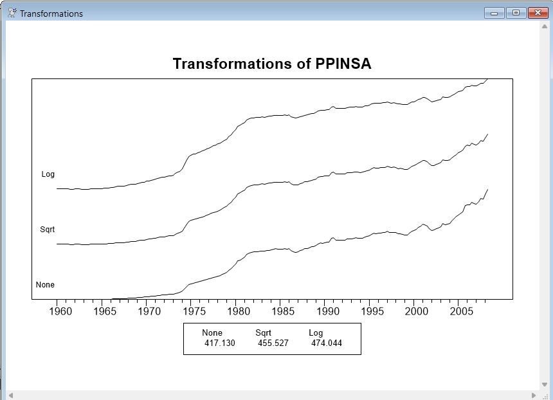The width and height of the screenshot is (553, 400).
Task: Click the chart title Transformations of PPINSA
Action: pyautogui.click(x=272, y=64)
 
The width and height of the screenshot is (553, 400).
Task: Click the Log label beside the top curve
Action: pyautogui.click(x=48, y=174)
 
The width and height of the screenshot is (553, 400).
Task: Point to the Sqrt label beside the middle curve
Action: pyautogui.click(x=48, y=230)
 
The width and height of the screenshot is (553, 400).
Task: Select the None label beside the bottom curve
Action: pyautogui.click(x=45, y=285)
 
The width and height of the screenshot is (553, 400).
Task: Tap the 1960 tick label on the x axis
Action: pyautogui.click(x=60, y=312)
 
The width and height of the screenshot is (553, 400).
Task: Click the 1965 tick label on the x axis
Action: pyautogui.click(x=105, y=312)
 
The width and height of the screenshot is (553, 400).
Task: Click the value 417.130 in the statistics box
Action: pyautogui.click(x=220, y=343)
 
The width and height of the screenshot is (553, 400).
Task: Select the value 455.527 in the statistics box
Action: pyautogui.click(x=273, y=343)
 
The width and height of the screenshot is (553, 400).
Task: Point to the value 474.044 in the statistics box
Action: pyautogui.click(x=327, y=343)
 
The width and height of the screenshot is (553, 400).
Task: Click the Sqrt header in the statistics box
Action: pyautogui.click(x=264, y=333)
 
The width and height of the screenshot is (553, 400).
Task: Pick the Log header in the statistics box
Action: pyautogui.click(x=316, y=333)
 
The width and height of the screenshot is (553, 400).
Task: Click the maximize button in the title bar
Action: pyautogui.click(x=516, y=13)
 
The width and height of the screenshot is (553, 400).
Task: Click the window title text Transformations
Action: pyautogui.click(x=51, y=14)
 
